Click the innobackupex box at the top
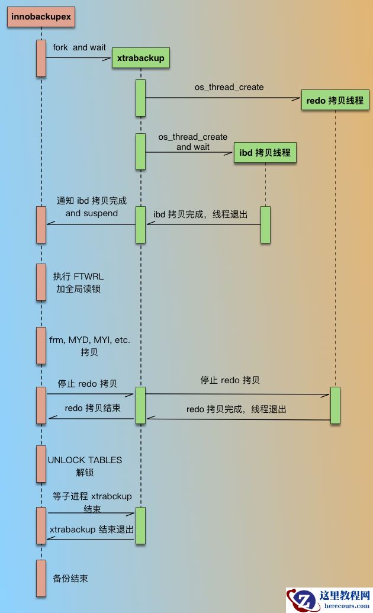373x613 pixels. tap(41, 17)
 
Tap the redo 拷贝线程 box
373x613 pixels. tap(335, 101)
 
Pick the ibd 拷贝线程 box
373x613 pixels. tap(265, 153)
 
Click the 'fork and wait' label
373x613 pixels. tap(79, 47)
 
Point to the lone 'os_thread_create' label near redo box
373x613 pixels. tap(229, 87)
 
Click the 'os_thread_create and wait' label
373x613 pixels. tap(192, 142)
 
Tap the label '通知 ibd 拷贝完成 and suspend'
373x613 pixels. tap(92, 207)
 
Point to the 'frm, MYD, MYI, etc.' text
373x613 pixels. tap(89, 340)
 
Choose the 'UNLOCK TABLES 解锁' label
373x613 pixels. tap(85, 466)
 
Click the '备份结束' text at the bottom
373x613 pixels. tap(70, 579)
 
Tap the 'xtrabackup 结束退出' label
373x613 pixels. tap(91, 529)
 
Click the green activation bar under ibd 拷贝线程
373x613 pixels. tap(265, 224)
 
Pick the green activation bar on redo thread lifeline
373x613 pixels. tap(335, 405)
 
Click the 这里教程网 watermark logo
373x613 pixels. tap(329, 600)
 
